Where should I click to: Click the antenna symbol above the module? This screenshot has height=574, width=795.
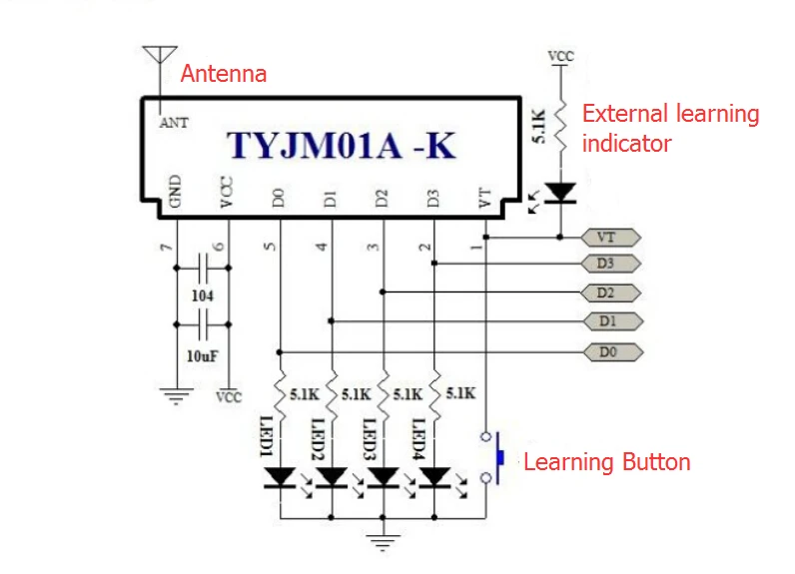[160, 55]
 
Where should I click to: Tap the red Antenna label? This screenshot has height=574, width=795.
[224, 74]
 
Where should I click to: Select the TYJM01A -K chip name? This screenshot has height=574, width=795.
[342, 146]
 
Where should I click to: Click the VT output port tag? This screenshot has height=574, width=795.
[611, 238]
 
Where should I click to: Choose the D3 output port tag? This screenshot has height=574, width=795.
[611, 264]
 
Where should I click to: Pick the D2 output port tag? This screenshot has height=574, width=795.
[611, 292]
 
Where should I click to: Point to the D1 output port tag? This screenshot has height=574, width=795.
[613, 321]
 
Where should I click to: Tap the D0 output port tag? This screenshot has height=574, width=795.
[613, 351]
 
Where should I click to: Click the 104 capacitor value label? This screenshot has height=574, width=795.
[203, 295]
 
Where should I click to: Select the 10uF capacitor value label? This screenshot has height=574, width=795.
[203, 356]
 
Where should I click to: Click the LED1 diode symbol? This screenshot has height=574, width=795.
[281, 478]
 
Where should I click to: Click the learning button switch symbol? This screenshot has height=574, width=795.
[492, 457]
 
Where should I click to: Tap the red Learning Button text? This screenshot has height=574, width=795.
[607, 462]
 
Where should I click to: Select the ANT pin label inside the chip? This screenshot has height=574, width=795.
[174, 123]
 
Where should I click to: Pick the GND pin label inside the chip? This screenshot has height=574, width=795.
[175, 191]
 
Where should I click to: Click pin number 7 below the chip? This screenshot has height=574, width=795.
[167, 248]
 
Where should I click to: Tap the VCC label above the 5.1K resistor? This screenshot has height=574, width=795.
[560, 56]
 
